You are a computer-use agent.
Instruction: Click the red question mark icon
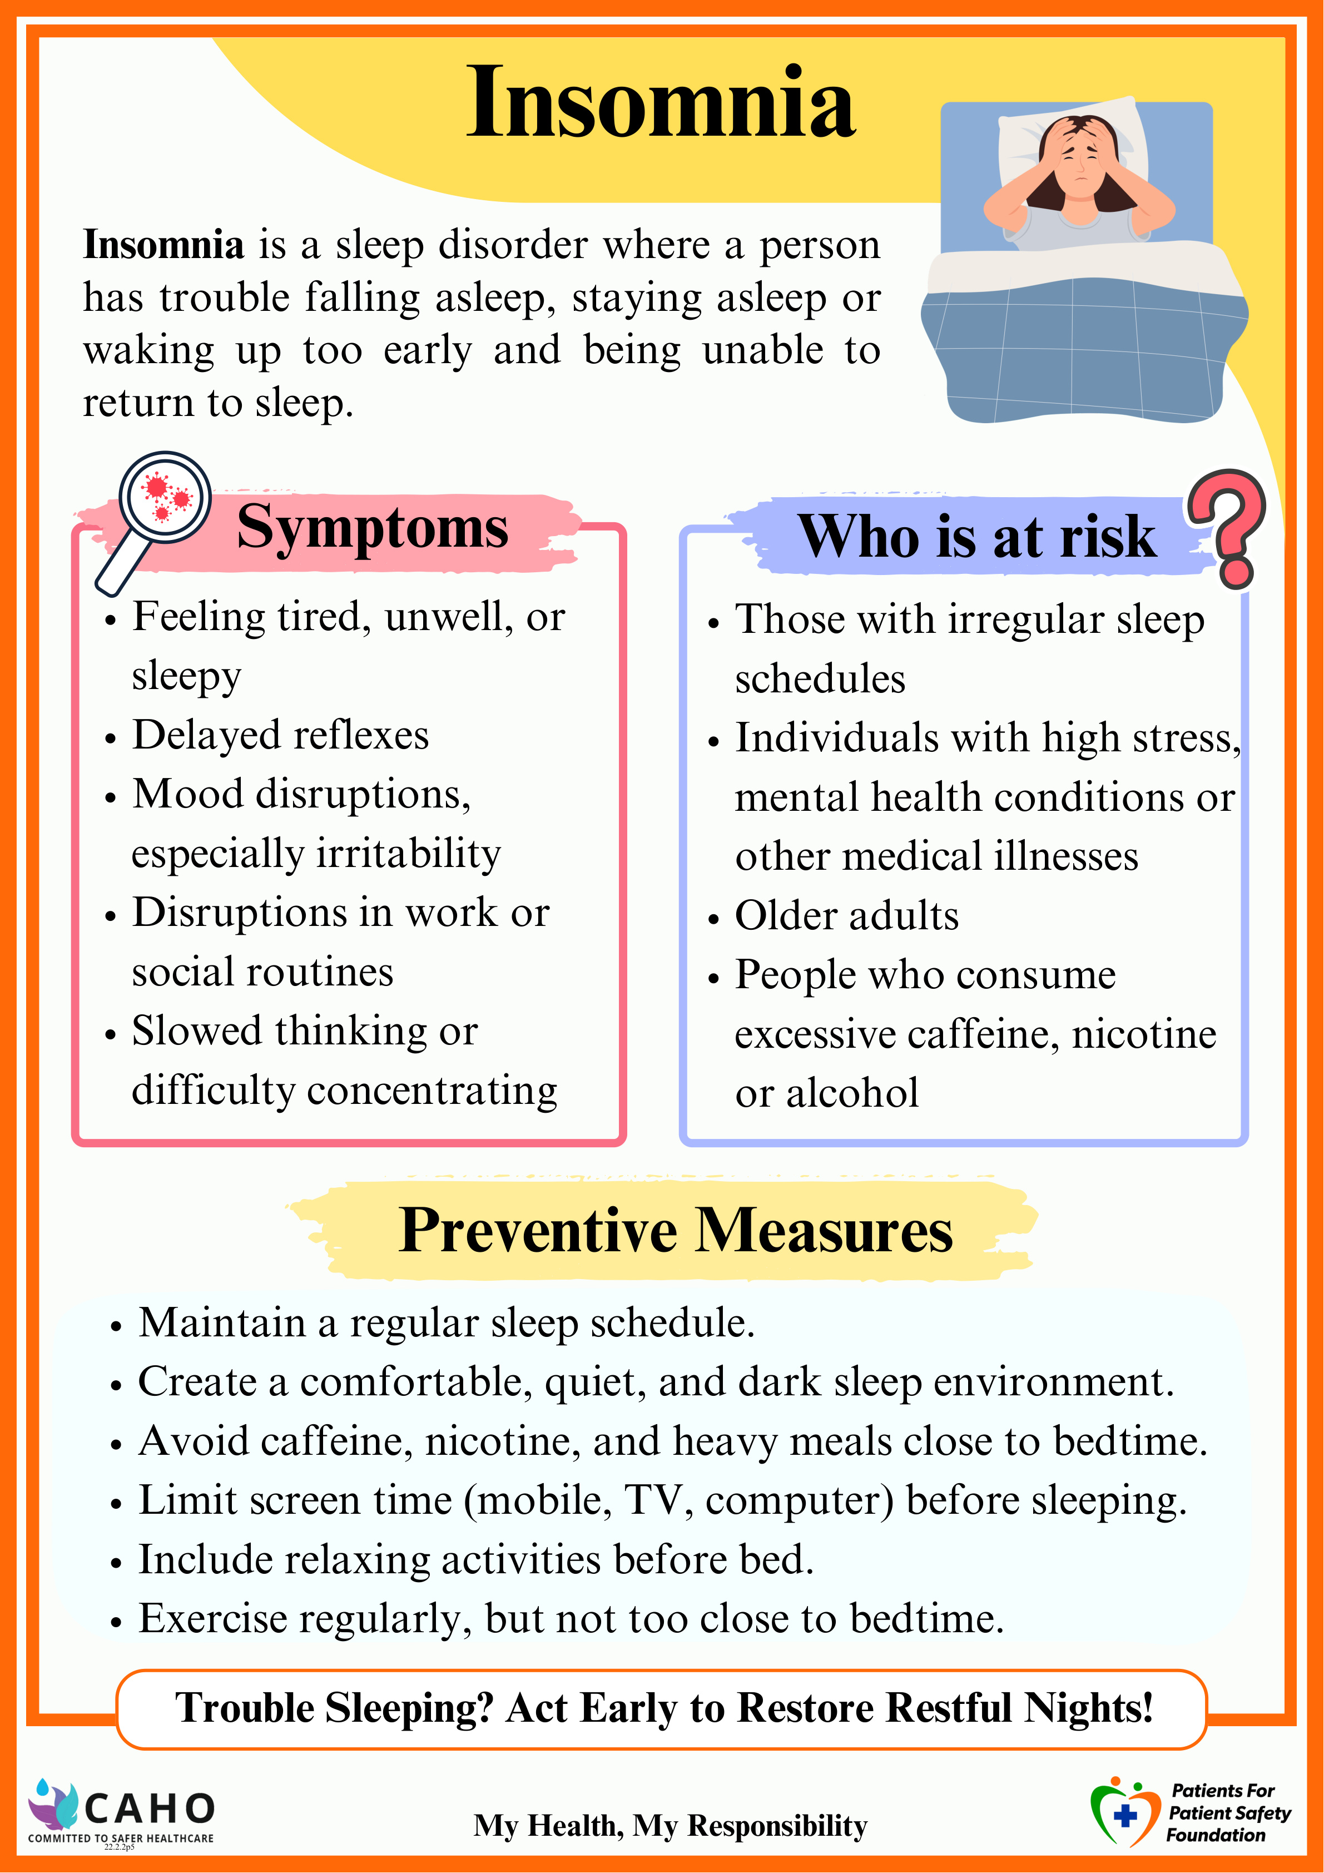[1228, 526]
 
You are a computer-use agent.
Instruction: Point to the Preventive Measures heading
[676, 1230]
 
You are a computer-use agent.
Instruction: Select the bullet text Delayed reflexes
[281, 735]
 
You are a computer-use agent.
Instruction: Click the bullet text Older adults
[847, 915]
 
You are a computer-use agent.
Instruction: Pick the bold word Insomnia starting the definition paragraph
[163, 245]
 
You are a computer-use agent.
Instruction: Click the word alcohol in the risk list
[852, 1093]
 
